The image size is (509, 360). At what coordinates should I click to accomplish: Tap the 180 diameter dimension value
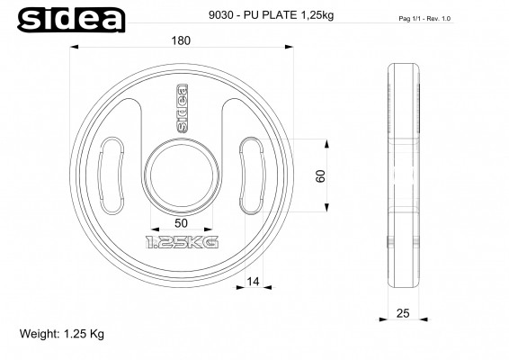(182, 40)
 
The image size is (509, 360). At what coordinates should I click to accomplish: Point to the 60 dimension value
(320, 176)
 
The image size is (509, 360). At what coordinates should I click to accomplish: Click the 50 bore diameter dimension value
(182, 222)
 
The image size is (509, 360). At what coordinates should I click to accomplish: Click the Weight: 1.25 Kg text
(62, 333)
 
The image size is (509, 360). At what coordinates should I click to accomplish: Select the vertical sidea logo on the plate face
(181, 109)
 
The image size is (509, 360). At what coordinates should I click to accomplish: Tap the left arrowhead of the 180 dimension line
(75, 48)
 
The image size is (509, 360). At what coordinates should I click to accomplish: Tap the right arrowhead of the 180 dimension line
(288, 48)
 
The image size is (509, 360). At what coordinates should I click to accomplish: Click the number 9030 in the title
(220, 15)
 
